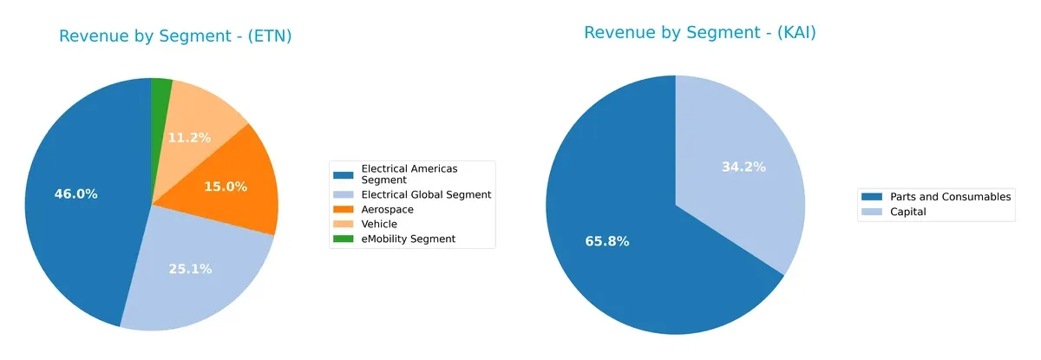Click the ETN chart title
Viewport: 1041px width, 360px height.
click(175, 36)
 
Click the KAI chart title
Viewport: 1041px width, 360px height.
click(700, 33)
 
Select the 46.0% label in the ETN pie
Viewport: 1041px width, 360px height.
click(75, 194)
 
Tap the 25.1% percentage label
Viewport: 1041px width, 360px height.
click(190, 269)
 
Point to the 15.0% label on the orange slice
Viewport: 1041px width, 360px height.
click(226, 187)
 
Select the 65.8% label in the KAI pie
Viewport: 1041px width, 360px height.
click(607, 241)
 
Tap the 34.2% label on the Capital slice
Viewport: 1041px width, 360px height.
click(743, 167)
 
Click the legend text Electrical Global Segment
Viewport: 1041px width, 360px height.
click(426, 195)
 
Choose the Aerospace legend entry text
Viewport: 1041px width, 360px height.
click(387, 210)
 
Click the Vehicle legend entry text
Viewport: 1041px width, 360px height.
click(379, 224)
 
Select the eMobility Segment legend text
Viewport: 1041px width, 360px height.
click(408, 239)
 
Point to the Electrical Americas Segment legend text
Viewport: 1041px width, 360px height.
click(409, 173)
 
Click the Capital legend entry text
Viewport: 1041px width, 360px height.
click(908, 212)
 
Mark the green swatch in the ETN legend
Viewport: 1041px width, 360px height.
click(344, 239)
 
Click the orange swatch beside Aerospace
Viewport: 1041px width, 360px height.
click(344, 210)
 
